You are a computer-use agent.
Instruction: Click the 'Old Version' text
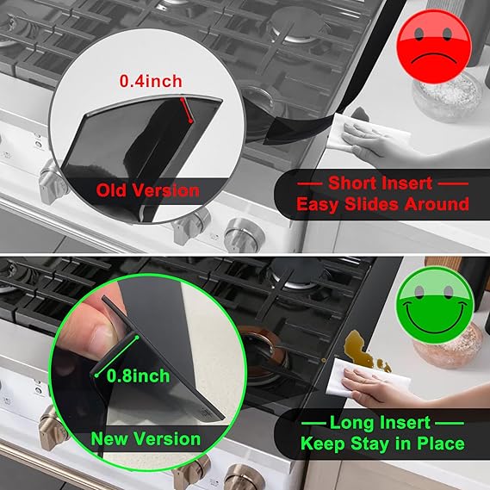coord(147,190)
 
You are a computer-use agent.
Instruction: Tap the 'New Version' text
coord(146,438)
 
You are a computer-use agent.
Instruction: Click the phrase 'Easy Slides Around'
coord(382,204)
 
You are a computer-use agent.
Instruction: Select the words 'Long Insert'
coord(382,423)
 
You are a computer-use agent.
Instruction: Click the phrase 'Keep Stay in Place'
coord(382,444)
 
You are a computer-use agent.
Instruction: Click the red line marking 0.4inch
coord(187,108)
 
